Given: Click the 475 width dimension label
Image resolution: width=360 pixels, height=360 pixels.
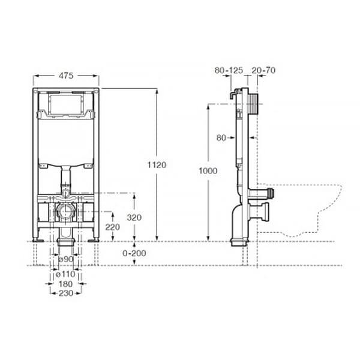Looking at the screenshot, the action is point(66,76).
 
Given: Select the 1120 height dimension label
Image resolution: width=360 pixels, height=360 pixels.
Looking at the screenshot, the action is point(157,165).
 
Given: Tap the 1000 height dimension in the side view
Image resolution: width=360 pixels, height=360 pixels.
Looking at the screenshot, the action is point(208,171).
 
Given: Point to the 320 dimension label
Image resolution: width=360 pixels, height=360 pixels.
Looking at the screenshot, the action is point(134,217).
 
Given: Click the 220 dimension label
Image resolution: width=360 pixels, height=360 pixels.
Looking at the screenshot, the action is point(113,227).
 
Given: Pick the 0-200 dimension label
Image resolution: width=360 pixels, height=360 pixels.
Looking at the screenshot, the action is point(134,253).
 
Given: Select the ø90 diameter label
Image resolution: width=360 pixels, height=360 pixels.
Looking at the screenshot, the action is point(66,259).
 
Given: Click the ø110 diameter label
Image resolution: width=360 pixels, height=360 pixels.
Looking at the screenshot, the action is point(65,274).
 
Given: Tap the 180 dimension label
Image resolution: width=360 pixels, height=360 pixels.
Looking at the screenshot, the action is point(65,284).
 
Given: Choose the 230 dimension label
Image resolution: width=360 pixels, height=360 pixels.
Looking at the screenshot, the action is point(66,293).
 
